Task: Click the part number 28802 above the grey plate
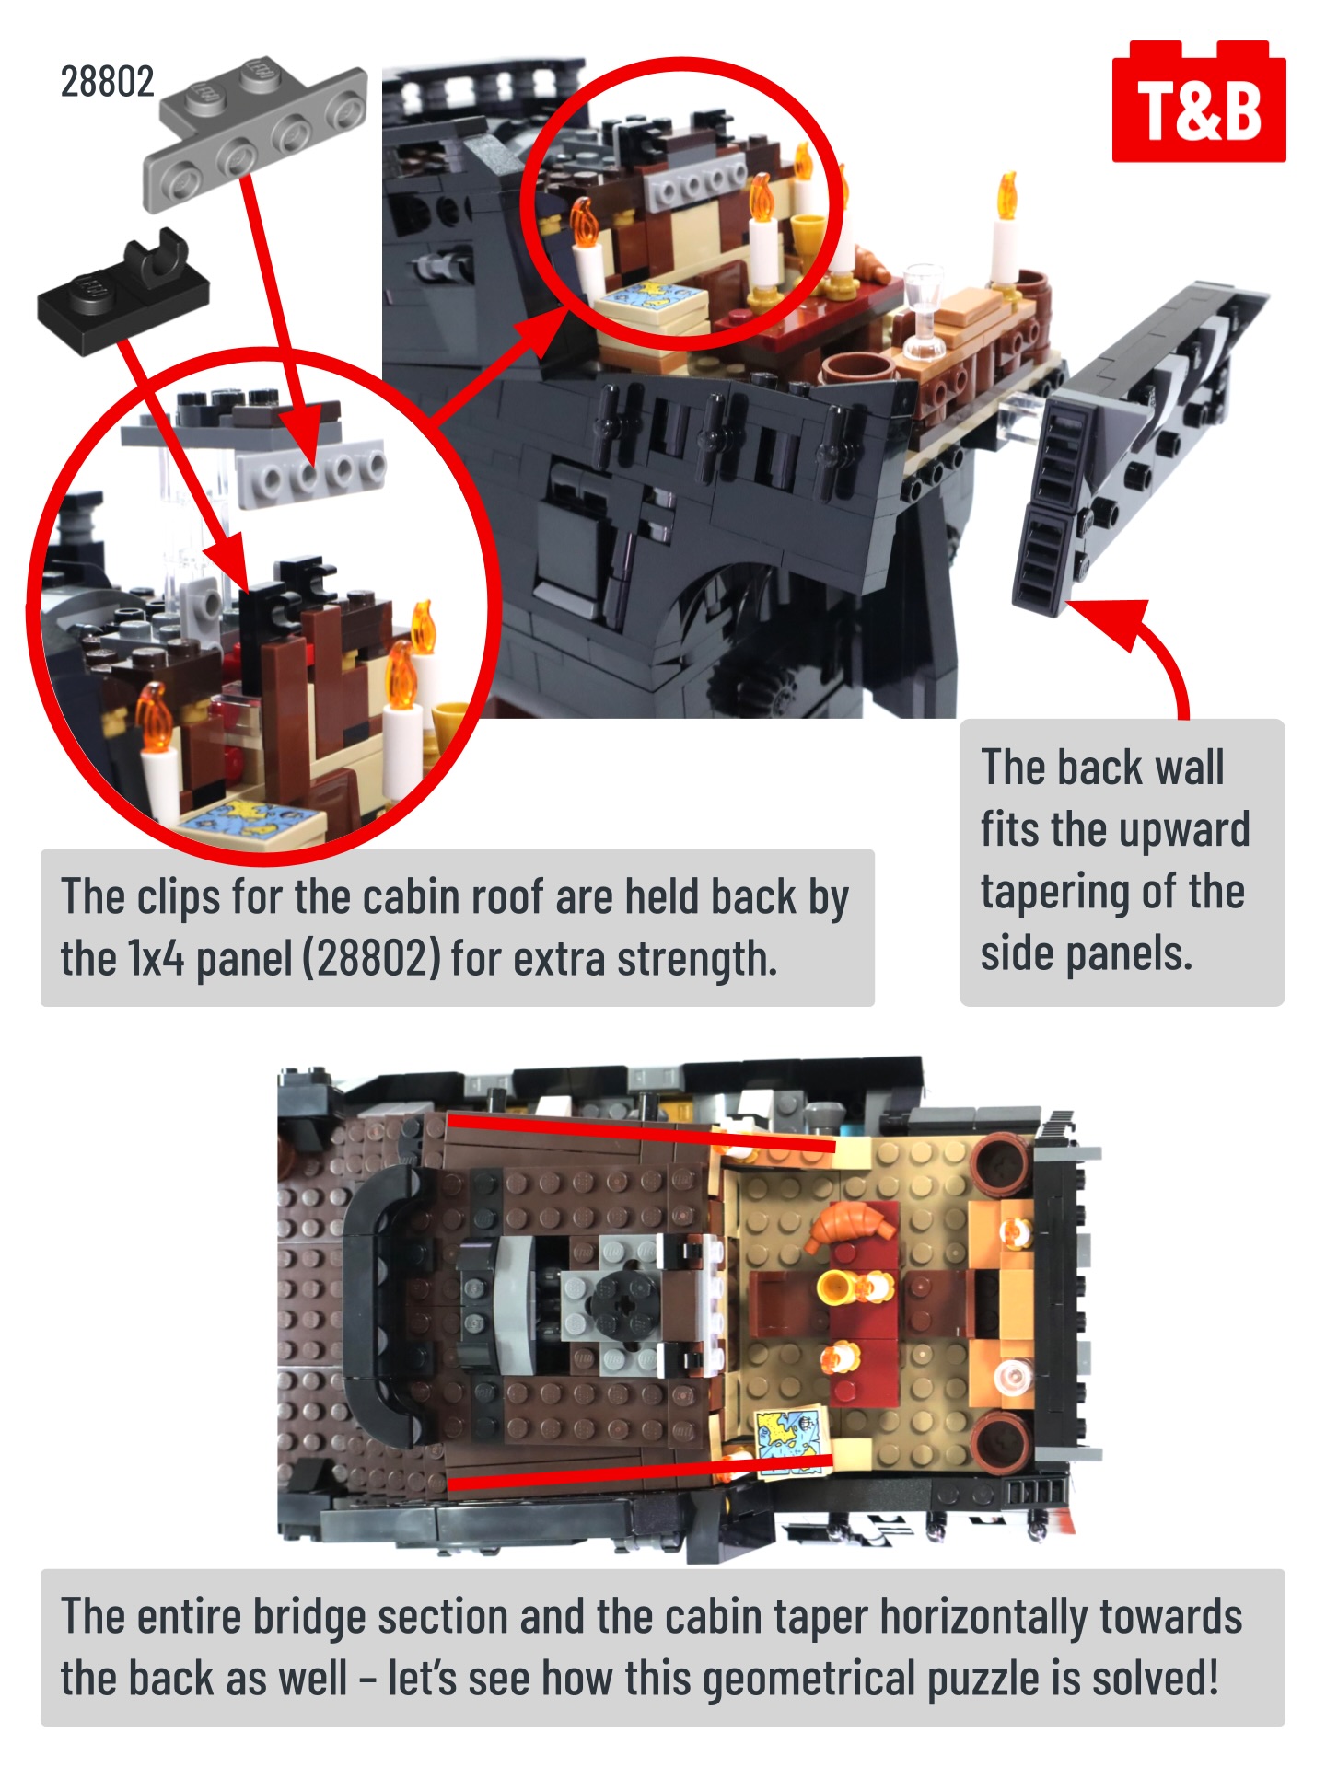click(107, 82)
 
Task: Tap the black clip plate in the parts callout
click(123, 292)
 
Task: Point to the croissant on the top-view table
click(852, 1226)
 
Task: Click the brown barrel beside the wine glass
click(857, 369)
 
